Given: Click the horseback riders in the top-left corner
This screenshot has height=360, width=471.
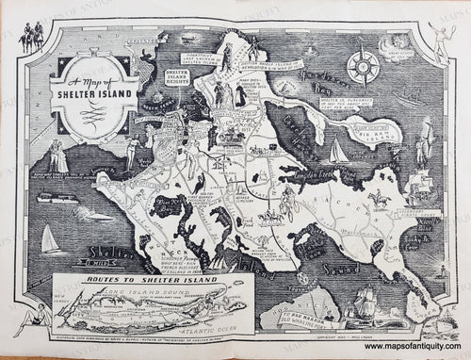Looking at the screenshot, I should point(38,34).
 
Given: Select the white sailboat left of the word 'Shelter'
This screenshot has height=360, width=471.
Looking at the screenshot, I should point(55,243).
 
